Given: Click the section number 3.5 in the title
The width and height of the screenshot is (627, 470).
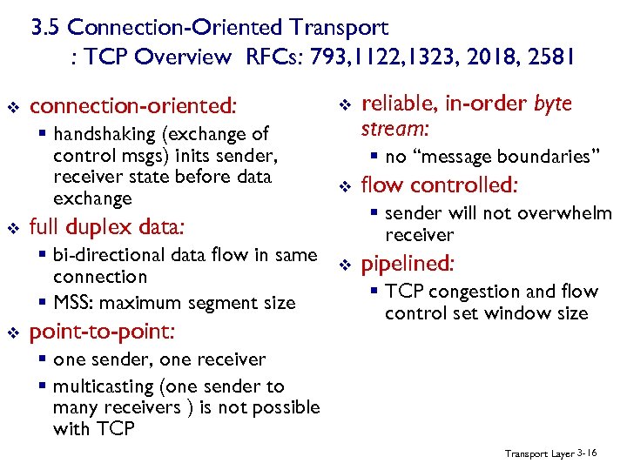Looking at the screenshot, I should coord(46,29).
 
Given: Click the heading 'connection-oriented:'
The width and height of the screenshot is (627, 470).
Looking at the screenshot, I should coord(132,106).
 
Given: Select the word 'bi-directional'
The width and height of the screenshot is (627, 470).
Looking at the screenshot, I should coord(110,255).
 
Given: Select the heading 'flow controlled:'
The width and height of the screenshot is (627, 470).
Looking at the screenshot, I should coord(440,185).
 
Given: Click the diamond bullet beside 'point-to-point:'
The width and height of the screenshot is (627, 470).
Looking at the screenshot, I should coord(13,332).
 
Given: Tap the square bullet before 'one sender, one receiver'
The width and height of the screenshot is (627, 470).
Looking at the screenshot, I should coord(44,359).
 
